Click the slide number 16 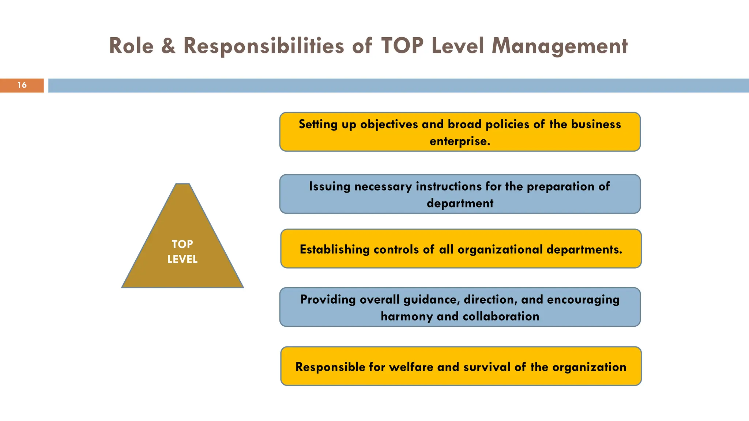[x=22, y=85]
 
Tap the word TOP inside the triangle [x=182, y=244]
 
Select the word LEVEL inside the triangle [x=182, y=259]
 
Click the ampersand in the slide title [x=168, y=46]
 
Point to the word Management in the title [x=559, y=46]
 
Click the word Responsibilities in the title [x=263, y=46]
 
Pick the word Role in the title [x=131, y=46]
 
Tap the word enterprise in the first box [x=459, y=141]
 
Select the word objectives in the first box [x=389, y=125]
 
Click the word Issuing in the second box [x=330, y=186]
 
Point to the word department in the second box [x=460, y=203]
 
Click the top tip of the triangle [x=182, y=184]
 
